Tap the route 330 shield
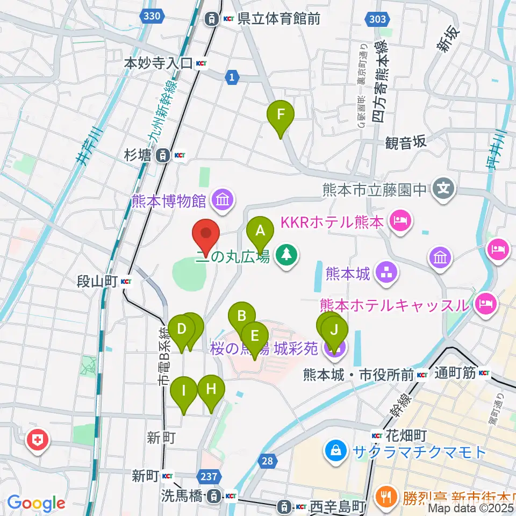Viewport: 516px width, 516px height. pos(152,17)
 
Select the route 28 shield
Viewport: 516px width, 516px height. pos(269,461)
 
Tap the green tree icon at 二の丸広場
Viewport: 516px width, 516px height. pos(285,255)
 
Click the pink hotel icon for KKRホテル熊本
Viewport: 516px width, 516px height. pos(401,220)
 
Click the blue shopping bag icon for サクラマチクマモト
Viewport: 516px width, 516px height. pos(336,450)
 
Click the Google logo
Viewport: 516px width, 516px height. pos(36,503)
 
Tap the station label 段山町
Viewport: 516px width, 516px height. pos(98,281)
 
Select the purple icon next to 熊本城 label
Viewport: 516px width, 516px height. pos(387,273)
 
